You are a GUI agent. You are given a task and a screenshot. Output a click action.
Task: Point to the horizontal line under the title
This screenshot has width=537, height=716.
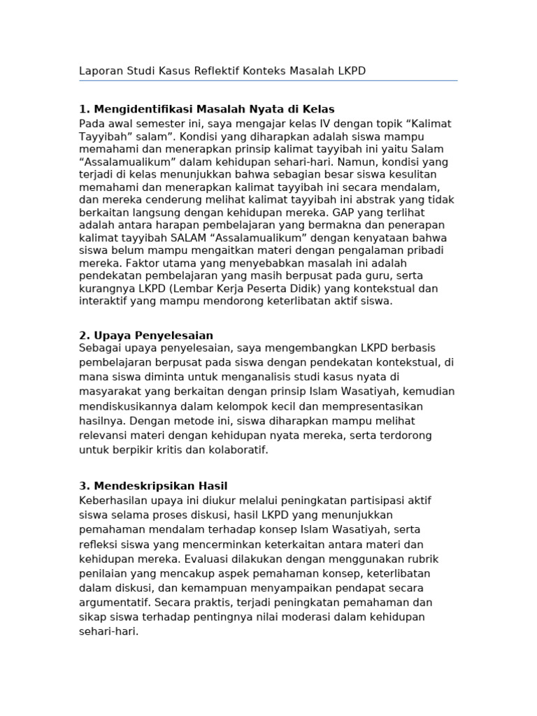pos(268,80)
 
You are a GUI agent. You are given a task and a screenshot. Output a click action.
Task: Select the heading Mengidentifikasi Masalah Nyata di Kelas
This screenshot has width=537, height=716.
pos(207,109)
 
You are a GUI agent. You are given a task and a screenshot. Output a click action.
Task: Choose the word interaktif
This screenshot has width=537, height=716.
pos(106,301)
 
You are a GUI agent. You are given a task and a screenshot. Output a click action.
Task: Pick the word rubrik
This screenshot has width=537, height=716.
pos(422,559)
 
